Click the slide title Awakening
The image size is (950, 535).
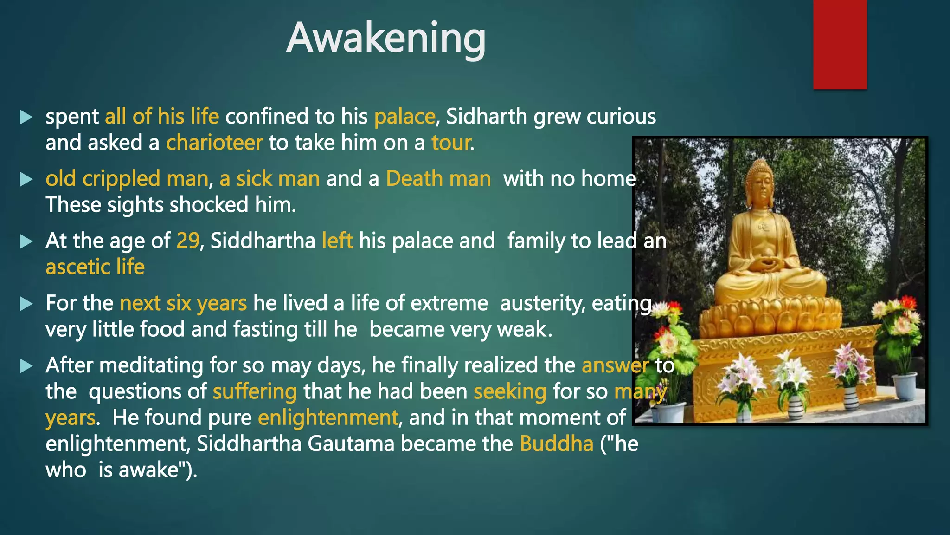[386, 38]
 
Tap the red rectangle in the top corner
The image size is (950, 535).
[840, 44]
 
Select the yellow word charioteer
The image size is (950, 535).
[214, 143]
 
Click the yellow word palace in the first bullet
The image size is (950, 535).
[404, 117]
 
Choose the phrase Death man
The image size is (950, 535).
[438, 179]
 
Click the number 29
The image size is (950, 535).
[188, 241]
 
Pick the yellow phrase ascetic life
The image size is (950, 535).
[95, 267]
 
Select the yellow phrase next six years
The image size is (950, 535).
[183, 303]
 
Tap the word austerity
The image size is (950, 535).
[539, 303]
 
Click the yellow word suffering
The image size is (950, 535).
[255, 391]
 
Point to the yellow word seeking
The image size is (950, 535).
[510, 391]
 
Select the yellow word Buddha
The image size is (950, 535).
[556, 444]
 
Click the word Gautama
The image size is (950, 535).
[351, 444]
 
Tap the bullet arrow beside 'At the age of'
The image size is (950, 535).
[26, 241]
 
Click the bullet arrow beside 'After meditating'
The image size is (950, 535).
[26, 366]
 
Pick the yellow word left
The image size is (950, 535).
[337, 241]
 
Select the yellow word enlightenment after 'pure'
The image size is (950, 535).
[327, 418]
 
